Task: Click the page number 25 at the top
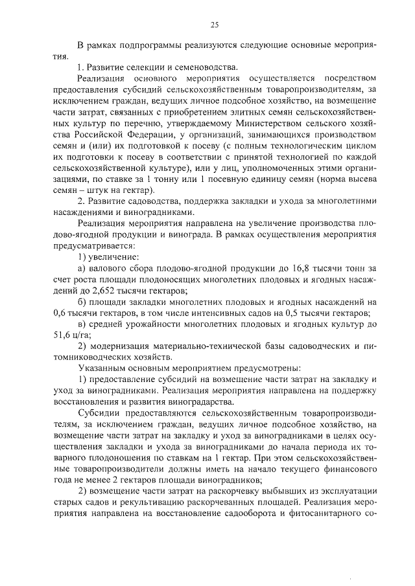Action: (x=215, y=25)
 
